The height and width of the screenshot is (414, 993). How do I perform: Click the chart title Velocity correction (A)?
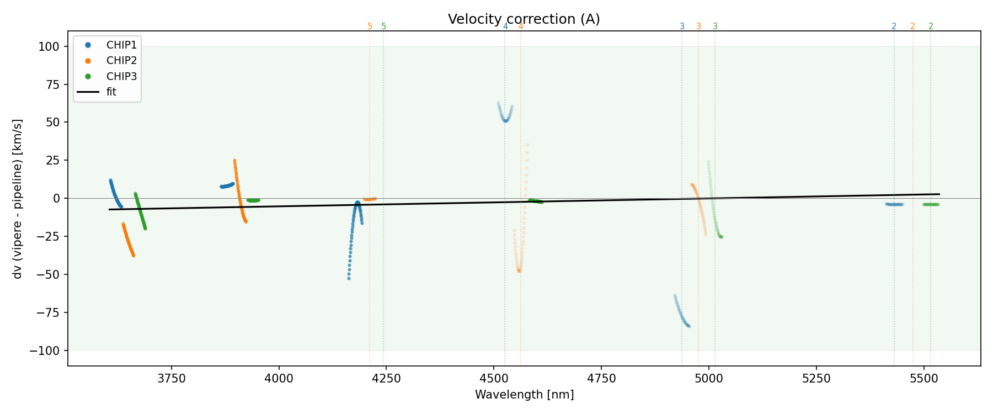[524, 19]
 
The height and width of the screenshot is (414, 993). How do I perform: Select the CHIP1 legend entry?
[121, 45]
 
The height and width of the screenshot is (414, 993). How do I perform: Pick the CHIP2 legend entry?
[121, 61]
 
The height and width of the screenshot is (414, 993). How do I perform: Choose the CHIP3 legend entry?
[121, 76]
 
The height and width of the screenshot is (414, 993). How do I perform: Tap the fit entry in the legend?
[111, 92]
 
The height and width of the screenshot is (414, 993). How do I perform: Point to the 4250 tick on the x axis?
[386, 379]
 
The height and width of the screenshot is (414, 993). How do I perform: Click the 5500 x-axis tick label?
[923, 379]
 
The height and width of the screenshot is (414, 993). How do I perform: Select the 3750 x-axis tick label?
[172, 379]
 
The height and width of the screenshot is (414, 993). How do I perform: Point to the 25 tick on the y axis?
[52, 160]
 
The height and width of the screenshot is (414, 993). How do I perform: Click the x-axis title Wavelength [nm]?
[524, 395]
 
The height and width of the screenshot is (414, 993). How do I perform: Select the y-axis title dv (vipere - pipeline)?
[18, 199]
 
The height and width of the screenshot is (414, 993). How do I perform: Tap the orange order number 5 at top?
[370, 26]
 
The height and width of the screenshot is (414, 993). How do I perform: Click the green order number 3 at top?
[715, 26]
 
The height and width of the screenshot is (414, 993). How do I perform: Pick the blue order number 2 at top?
[894, 26]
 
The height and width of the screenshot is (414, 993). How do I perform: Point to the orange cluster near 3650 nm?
[128, 240]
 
